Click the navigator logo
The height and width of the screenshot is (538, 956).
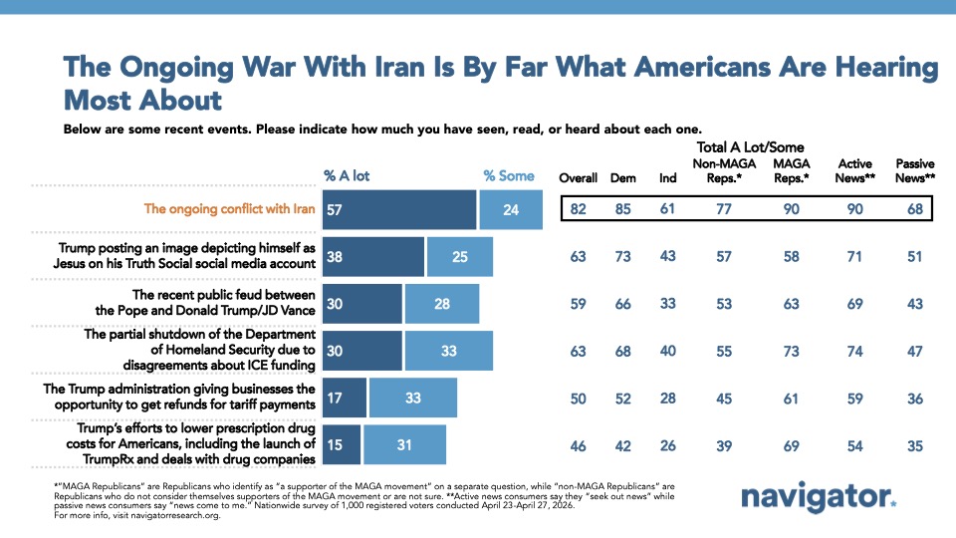[x=819, y=497]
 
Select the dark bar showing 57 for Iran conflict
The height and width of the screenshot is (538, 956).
[x=398, y=209]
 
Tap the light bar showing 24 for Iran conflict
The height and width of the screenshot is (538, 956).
[x=510, y=209]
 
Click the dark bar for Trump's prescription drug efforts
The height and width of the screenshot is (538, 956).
[x=342, y=444]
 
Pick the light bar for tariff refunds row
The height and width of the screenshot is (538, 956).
[x=412, y=397]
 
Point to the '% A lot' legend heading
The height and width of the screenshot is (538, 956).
[x=347, y=175]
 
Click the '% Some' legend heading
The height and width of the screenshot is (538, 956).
[x=509, y=175]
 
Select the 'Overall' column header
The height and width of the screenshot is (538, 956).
[x=578, y=178]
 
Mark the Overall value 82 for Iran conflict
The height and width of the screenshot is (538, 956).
[x=578, y=209]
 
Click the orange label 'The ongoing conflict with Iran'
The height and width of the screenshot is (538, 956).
[x=228, y=209]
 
